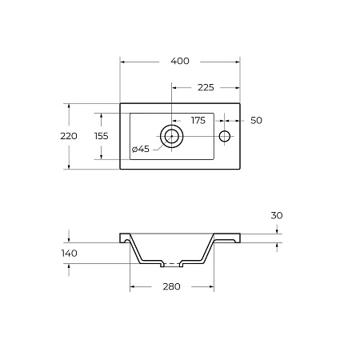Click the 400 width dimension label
(x=180, y=61)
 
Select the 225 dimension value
(x=206, y=87)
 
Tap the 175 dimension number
(x=198, y=121)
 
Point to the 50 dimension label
(x=256, y=121)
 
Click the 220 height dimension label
(x=69, y=136)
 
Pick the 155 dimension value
(x=102, y=136)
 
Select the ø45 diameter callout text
(x=141, y=149)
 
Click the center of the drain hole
(x=172, y=136)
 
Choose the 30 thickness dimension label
(x=277, y=215)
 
